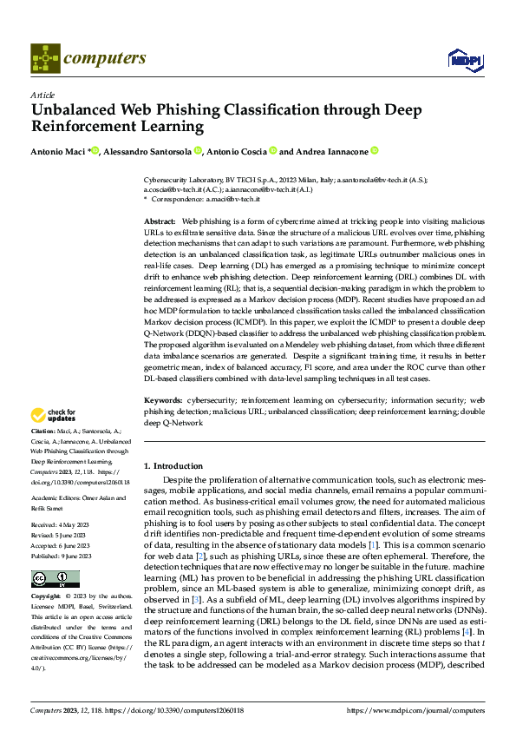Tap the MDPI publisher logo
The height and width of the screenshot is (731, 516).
tap(464, 59)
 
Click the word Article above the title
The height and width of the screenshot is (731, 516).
tap(42, 95)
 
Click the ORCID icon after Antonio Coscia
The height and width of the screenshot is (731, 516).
tap(272, 150)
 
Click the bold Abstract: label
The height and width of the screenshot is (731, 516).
tap(159, 223)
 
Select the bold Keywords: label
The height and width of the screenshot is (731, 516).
tap(162, 401)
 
